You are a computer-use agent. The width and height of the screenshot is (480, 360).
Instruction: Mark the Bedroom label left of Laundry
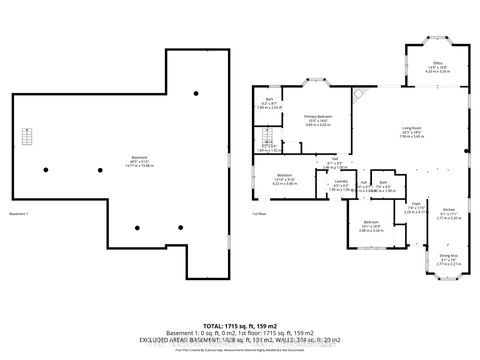[283, 175]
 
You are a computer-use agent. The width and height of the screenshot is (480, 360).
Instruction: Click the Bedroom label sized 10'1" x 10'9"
[370, 221]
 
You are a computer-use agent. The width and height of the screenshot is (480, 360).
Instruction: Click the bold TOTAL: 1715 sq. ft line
[239, 326]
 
